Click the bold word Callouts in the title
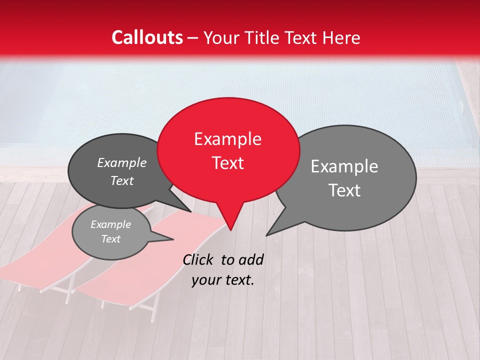[147, 37]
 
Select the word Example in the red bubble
[227, 139]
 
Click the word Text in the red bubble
[227, 163]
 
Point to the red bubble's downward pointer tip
[230, 230]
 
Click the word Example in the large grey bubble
[344, 166]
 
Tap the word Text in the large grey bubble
[344, 190]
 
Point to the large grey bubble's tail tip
[267, 235]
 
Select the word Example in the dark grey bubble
[122, 162]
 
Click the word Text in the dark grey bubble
[122, 180]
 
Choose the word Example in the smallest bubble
[110, 224]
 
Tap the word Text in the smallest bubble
[110, 239]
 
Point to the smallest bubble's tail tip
[173, 239]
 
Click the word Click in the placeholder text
[199, 259]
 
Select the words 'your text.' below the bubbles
[223, 280]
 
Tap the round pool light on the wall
[461, 106]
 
